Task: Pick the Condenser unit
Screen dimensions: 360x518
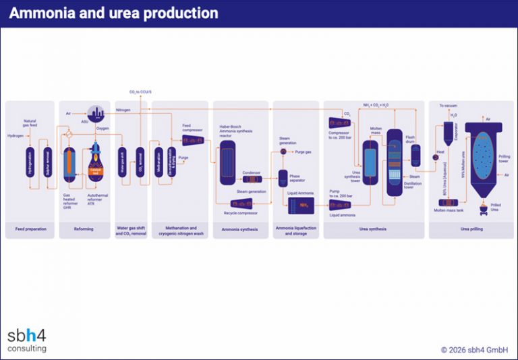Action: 250,179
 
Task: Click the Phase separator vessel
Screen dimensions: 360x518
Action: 283,179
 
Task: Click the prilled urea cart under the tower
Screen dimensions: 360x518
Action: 483,210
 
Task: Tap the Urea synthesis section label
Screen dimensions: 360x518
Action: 374,229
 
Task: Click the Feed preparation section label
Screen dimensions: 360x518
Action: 31,229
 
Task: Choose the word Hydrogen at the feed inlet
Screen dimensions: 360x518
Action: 15,136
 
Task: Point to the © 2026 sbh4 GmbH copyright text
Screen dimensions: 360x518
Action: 474,350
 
